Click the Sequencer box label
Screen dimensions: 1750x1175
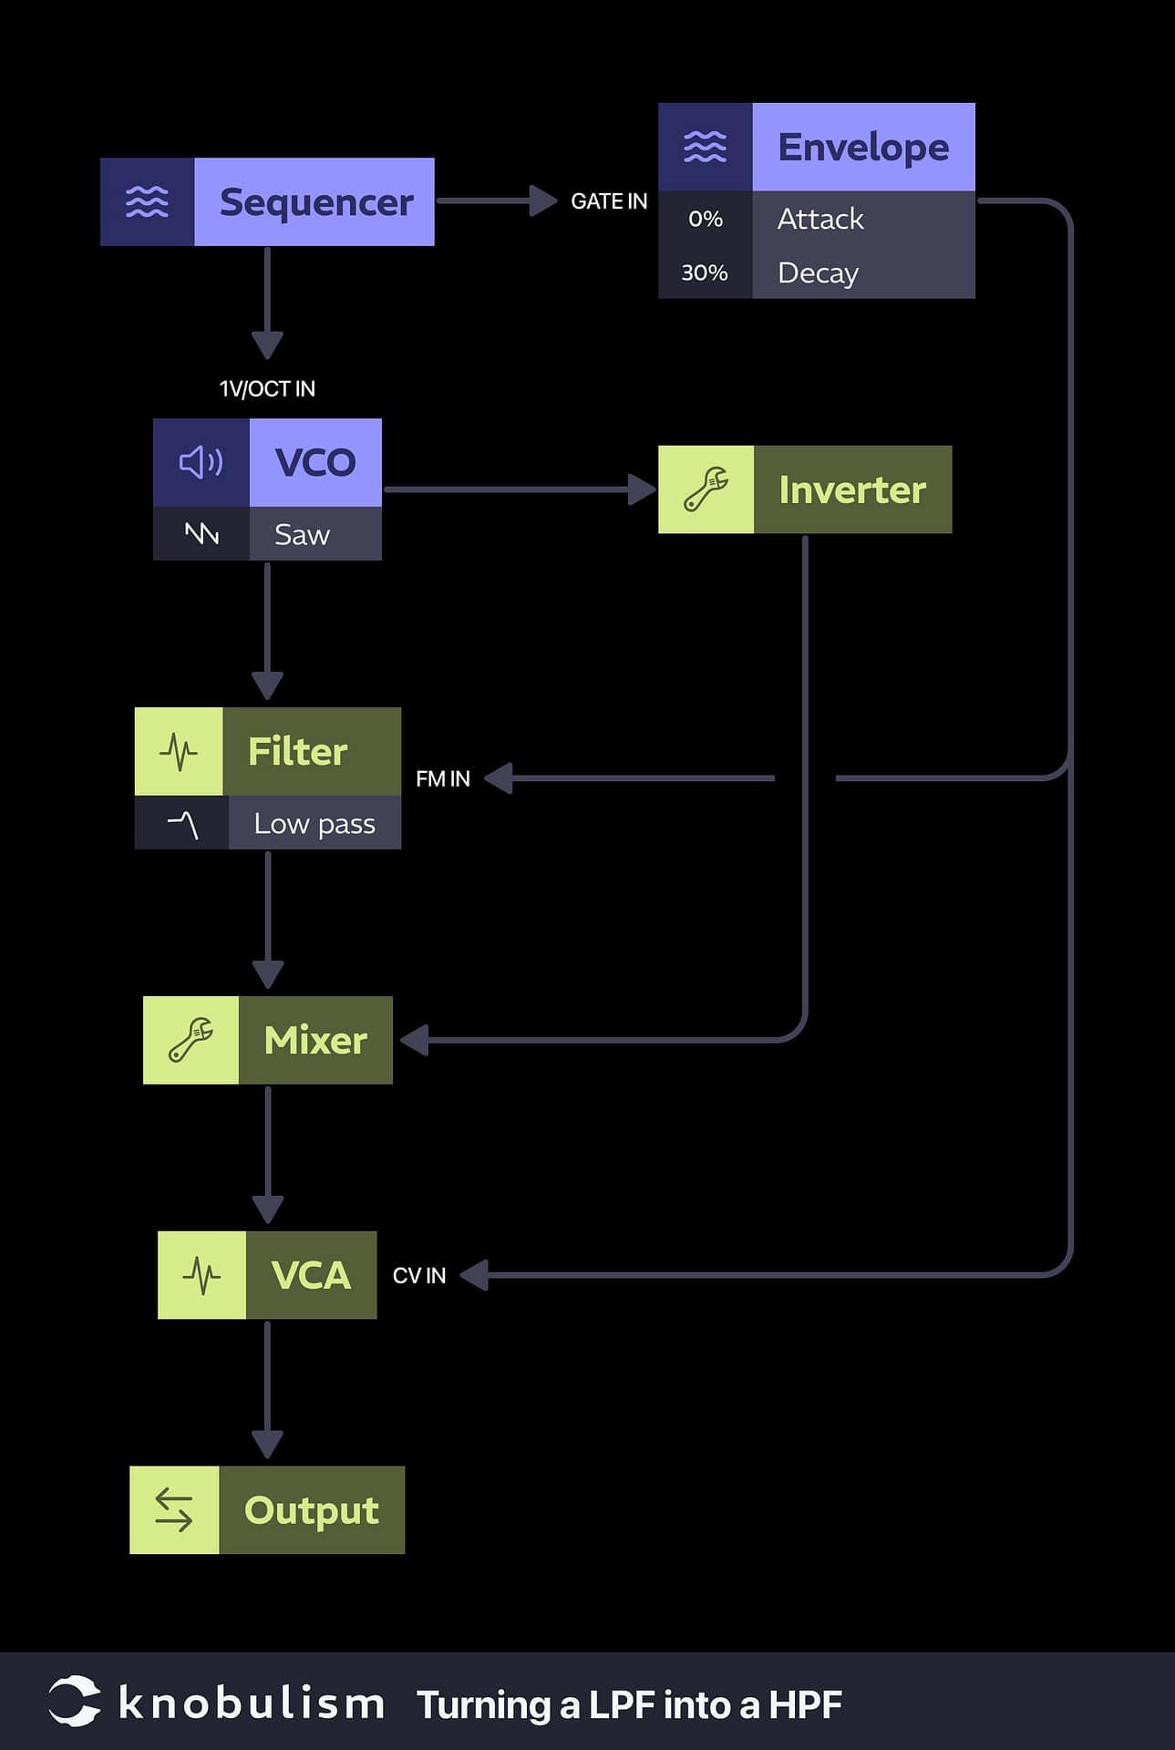click(315, 202)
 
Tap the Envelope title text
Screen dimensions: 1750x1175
click(862, 148)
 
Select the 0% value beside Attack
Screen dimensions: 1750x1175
click(705, 219)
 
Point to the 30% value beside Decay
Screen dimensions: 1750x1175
click(704, 273)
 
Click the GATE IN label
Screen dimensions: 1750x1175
click(608, 201)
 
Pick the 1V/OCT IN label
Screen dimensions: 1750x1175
click(267, 389)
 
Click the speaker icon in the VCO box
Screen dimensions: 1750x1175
click(201, 463)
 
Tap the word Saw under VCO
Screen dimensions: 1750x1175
click(302, 534)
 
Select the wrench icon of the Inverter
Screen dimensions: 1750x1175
click(706, 489)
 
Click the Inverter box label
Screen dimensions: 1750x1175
click(851, 490)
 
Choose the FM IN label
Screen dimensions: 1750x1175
click(442, 779)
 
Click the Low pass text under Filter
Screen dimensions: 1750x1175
click(314, 824)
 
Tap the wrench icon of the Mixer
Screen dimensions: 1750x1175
click(191, 1040)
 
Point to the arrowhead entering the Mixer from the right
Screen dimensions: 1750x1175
click(415, 1040)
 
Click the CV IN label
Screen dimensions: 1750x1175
click(418, 1276)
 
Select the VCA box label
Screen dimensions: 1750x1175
click(310, 1275)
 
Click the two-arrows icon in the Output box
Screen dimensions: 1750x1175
click(174, 1510)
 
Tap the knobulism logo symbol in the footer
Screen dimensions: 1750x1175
click(74, 1701)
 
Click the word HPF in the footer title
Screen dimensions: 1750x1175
click(804, 1705)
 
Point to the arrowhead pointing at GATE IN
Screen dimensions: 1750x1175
click(543, 201)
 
